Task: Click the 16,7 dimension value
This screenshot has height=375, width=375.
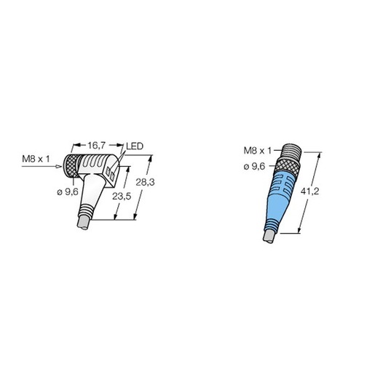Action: click(97, 146)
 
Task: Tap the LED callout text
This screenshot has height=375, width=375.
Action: click(135, 146)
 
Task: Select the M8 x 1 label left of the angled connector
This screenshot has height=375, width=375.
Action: click(36, 159)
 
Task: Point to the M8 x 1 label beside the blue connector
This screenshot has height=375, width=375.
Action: click(257, 151)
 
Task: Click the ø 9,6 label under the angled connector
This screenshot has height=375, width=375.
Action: click(68, 192)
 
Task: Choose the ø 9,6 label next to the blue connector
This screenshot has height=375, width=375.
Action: click(254, 167)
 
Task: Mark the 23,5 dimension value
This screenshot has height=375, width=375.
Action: click(122, 196)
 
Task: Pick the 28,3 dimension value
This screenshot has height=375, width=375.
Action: click(145, 182)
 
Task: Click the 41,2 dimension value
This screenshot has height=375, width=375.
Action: click(309, 192)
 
